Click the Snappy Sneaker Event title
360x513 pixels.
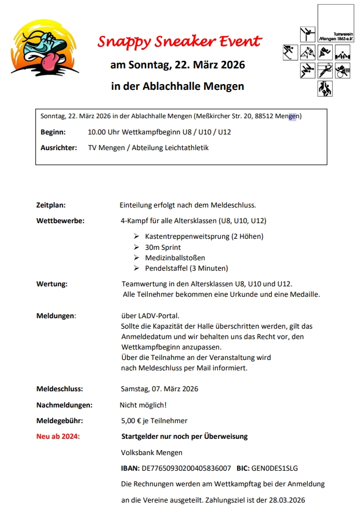tap(179, 42)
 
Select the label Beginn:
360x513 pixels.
tap(53, 132)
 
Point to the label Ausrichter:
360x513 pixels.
tap(59, 148)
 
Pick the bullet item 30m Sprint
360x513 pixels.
tap(163, 247)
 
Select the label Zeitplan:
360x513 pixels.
tap(51, 205)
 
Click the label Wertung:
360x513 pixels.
tap(52, 284)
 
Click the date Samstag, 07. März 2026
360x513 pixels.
tap(159, 389)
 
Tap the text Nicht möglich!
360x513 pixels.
tap(143, 405)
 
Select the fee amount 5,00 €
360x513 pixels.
tap(130, 420)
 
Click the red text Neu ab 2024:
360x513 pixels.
tap(58, 436)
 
